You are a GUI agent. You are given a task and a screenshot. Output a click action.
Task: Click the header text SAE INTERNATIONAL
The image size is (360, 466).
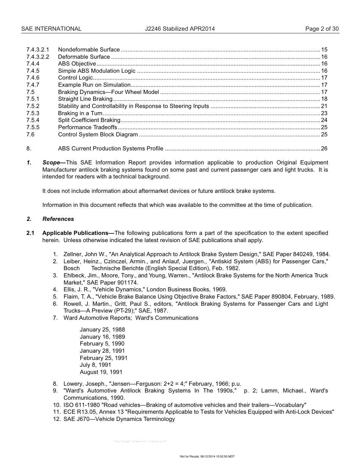51,29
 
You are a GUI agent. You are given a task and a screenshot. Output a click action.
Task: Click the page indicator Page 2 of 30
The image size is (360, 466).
322,29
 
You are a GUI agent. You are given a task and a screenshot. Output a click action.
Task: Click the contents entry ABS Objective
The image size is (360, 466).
77,64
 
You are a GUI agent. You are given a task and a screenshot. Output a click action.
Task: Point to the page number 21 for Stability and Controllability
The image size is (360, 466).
324,106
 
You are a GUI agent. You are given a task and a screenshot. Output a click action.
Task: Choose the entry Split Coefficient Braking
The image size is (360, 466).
89,120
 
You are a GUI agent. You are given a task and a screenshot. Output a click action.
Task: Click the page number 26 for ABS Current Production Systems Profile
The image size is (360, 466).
324,149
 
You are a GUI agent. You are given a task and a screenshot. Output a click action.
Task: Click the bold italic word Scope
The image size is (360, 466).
51,163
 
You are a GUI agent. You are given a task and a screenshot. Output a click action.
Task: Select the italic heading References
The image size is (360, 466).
58,219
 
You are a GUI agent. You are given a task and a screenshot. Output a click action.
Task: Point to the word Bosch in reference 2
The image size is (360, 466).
72,268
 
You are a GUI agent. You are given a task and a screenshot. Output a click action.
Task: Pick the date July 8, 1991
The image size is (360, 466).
95,365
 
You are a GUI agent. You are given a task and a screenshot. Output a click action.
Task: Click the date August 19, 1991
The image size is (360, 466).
101,372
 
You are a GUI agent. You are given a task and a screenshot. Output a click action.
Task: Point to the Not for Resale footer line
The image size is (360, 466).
207,457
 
